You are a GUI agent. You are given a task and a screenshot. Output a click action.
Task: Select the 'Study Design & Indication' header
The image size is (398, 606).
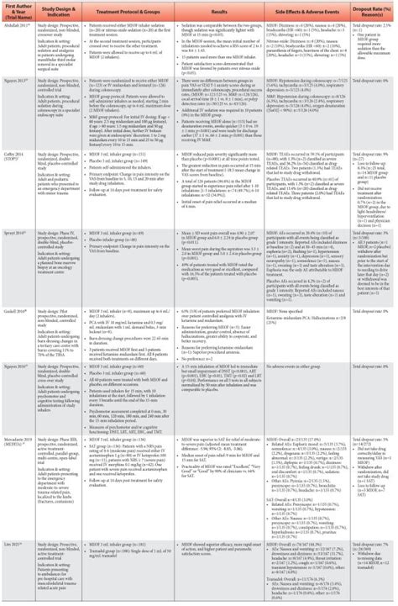(x=60, y=11)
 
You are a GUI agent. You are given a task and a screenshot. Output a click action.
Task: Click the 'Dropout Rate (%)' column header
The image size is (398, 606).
(x=374, y=11)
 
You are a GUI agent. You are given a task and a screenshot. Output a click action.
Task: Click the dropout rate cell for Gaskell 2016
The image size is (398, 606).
(x=374, y=313)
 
